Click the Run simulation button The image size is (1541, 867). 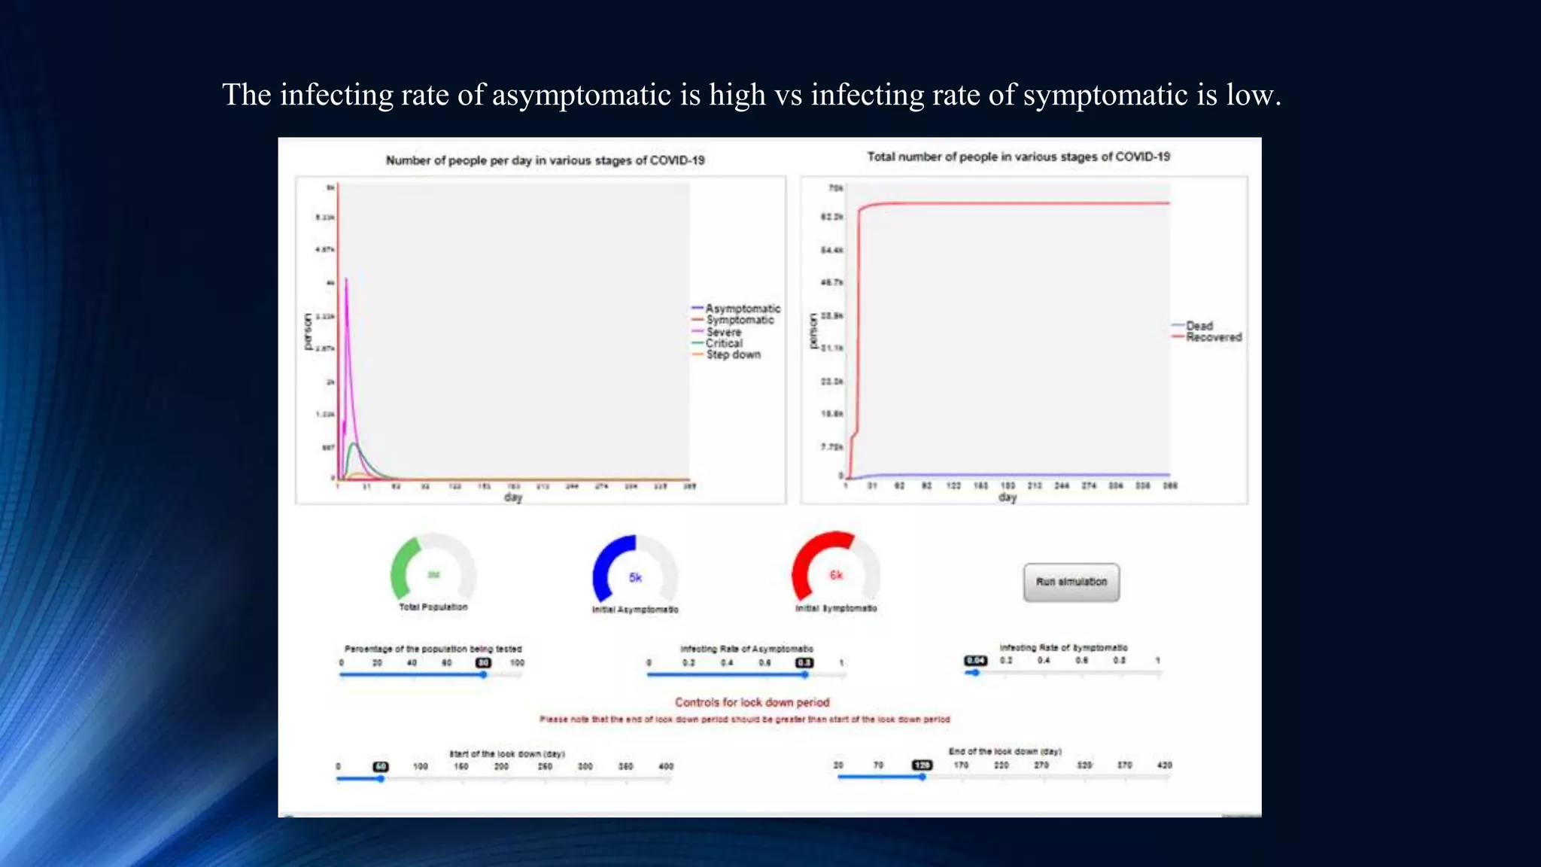click(x=1071, y=582)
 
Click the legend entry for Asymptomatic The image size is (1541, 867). click(x=742, y=309)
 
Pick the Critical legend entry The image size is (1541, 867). click(x=723, y=343)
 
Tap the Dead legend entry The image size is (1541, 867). click(x=1199, y=326)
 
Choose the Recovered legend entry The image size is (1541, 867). click(x=1213, y=337)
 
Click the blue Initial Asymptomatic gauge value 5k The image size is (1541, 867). click(x=635, y=577)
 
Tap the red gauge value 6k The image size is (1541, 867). click(x=836, y=575)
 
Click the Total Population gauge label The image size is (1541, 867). click(x=433, y=607)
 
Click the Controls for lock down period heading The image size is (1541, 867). click(x=752, y=702)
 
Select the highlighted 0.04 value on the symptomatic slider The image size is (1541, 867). click(x=975, y=660)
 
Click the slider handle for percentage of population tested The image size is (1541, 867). click(x=483, y=675)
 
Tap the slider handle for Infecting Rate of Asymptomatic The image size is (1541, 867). click(x=804, y=675)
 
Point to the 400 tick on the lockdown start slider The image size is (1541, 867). click(x=666, y=766)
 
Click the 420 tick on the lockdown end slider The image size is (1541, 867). click(x=1164, y=765)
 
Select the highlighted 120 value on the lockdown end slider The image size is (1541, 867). click(x=922, y=765)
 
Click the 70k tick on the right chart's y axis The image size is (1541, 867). click(x=834, y=187)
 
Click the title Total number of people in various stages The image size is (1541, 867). click(x=1018, y=157)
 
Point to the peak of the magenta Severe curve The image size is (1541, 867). click(x=346, y=279)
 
